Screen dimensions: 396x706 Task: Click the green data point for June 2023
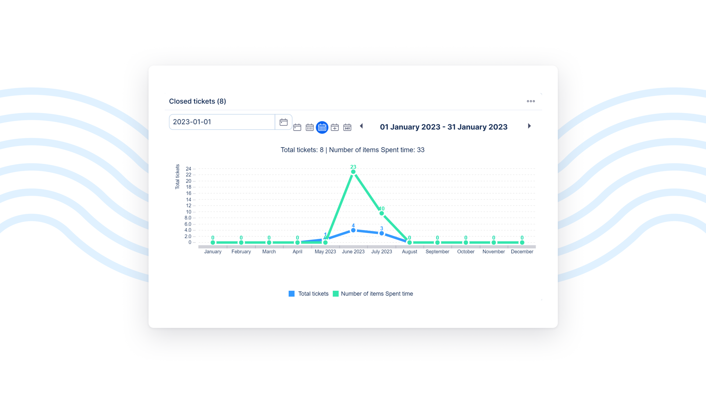353,172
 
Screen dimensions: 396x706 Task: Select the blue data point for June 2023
353,230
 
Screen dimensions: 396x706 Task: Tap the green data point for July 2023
382,213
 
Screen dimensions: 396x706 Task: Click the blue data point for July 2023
382,233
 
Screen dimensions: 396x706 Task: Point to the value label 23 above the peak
353,167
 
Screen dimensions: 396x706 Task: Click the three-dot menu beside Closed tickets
531,101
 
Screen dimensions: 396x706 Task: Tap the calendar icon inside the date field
284,122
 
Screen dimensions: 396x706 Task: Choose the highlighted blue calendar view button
322,127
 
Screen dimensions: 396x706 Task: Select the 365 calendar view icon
347,127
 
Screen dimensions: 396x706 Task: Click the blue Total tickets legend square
292,294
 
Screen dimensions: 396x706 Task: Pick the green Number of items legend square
336,294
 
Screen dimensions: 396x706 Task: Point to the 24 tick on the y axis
189,169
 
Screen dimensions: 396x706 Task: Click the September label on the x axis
437,252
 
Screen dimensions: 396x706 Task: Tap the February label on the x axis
241,252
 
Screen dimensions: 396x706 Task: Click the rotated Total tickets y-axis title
178,177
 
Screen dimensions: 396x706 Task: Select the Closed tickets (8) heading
197,101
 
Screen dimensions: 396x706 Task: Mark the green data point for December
522,243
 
